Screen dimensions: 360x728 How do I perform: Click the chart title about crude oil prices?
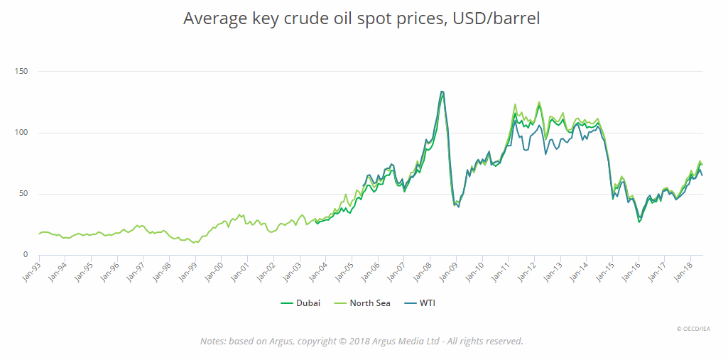[362, 18]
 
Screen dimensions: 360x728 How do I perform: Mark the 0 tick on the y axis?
[24, 255]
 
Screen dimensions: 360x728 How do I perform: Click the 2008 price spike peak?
[442, 92]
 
